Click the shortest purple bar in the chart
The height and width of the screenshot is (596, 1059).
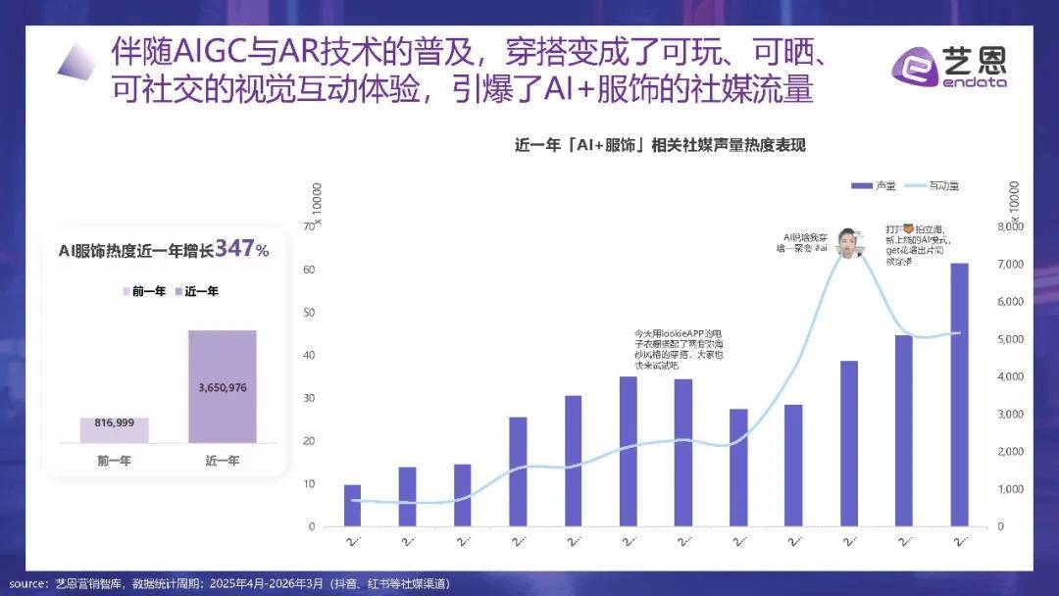click(352, 505)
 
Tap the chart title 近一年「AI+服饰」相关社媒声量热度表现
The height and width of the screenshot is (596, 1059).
click(659, 145)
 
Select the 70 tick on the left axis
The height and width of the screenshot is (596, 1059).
click(310, 226)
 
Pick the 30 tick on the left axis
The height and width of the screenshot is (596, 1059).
click(310, 398)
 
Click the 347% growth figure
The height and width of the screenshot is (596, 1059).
click(241, 249)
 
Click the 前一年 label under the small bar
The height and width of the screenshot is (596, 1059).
click(114, 460)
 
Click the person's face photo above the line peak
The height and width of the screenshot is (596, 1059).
click(848, 241)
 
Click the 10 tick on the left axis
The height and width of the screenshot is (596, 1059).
click(310, 483)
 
